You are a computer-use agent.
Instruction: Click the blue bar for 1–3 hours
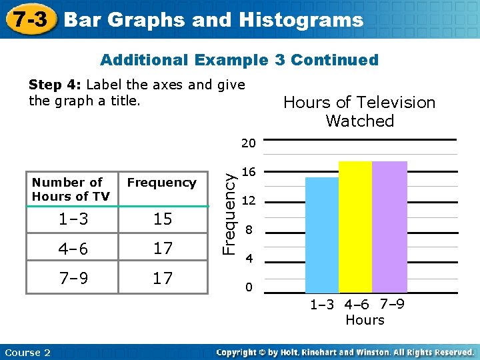[x=321, y=235]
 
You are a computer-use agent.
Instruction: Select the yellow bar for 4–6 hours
[x=355, y=227]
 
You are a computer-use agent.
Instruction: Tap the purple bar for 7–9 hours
[x=389, y=227]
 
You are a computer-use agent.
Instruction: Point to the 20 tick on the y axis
[x=249, y=143]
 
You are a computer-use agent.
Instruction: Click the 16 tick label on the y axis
[x=249, y=172]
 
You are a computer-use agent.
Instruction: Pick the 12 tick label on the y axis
[x=249, y=201]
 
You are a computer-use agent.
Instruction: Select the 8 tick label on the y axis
[x=249, y=231]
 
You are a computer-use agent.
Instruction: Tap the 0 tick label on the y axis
[x=249, y=288]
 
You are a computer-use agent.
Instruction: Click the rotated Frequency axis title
[x=228, y=213]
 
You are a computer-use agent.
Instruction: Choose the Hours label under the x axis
[x=365, y=320]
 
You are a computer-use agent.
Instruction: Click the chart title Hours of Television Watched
[x=359, y=111]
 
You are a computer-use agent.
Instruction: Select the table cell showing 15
[x=163, y=219]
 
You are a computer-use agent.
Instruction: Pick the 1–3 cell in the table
[x=72, y=219]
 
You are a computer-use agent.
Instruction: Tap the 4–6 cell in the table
[x=72, y=249]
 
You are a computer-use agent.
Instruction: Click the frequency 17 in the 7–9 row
[x=163, y=278]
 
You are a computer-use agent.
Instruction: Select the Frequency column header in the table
[x=162, y=183]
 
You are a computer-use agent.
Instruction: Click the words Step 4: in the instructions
[x=55, y=85]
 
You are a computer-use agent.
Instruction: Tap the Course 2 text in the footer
[x=27, y=352]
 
